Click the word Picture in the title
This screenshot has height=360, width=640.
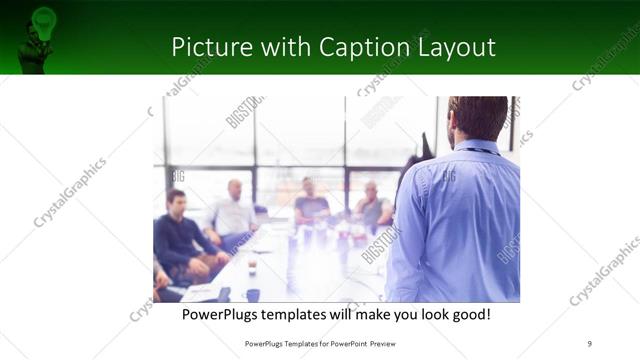[x=207, y=47]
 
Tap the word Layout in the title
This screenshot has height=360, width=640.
[x=450, y=47]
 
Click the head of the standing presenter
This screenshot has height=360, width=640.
[x=478, y=117]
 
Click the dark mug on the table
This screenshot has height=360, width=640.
[x=252, y=294]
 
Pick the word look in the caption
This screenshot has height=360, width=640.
[x=422, y=315]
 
